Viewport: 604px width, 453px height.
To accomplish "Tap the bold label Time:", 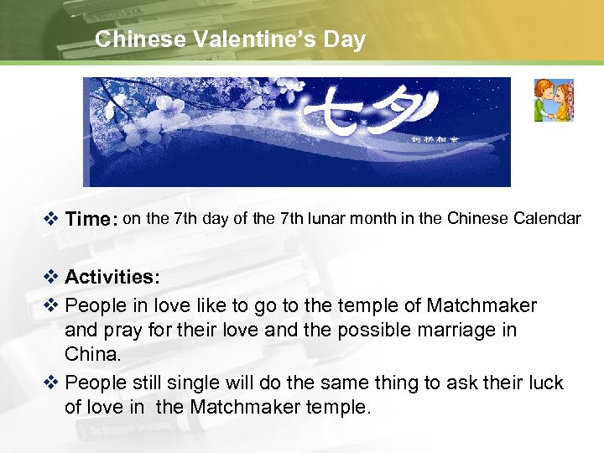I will pyautogui.click(x=91, y=220).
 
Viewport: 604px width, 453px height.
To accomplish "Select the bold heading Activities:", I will pyautogui.click(x=112, y=277).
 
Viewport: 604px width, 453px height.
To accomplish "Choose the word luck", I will pyautogui.click(x=544, y=383).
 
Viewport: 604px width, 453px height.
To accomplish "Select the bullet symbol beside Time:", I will pyautogui.click(x=49, y=220).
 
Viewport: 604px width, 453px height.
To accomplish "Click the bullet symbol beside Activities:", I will pyautogui.click(x=49, y=277).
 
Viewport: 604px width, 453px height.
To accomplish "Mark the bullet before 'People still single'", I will pyautogui.click(x=49, y=383).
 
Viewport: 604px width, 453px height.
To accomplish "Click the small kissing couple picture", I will pyautogui.click(x=554, y=101).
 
